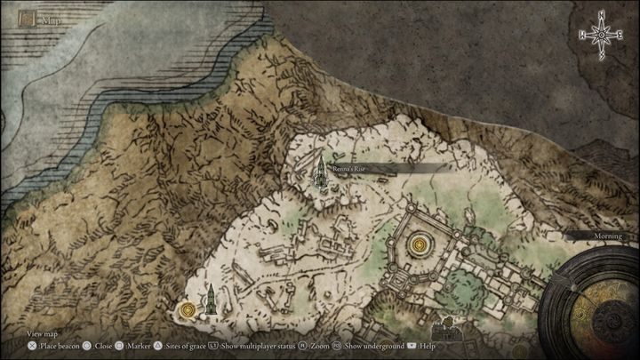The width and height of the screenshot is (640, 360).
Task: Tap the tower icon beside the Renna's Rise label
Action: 318,170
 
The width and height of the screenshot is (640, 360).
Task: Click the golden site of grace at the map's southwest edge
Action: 187,310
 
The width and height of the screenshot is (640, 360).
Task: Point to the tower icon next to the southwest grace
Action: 212,301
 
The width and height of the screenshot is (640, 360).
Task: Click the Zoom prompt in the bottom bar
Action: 317,345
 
